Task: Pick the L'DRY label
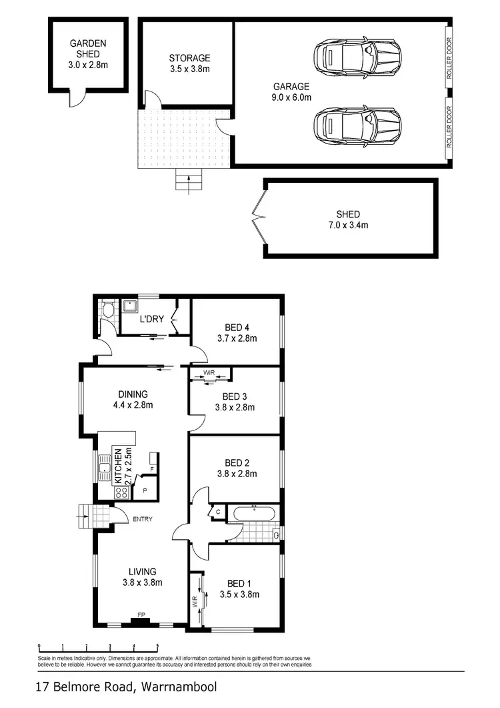(x=151, y=319)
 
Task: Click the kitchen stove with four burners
(x=122, y=492)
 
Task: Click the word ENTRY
(x=143, y=519)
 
